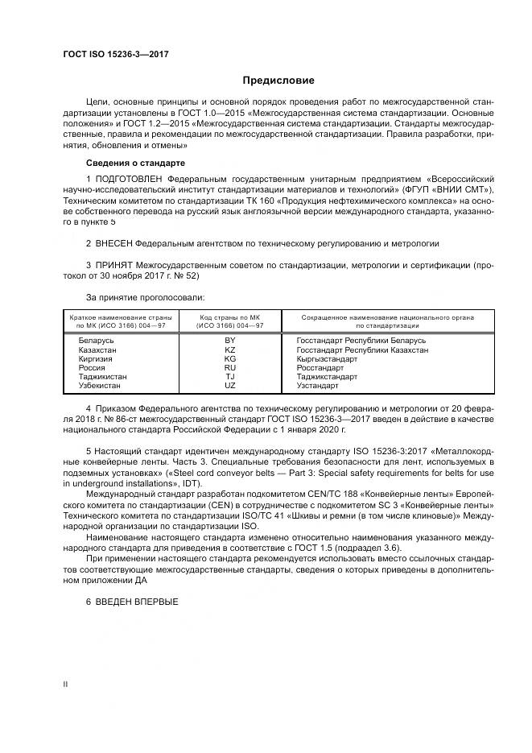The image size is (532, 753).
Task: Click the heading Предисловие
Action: (x=278, y=81)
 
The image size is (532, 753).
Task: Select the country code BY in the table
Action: (x=229, y=341)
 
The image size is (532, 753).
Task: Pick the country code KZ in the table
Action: (x=229, y=350)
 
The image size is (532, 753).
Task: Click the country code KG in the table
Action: (x=229, y=359)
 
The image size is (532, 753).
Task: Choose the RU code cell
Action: (x=229, y=368)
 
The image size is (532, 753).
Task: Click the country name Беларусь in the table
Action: (x=96, y=341)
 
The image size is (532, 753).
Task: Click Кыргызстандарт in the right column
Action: (x=327, y=359)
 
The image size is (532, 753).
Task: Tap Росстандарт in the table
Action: (x=320, y=368)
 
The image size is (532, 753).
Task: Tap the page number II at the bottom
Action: (x=65, y=683)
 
